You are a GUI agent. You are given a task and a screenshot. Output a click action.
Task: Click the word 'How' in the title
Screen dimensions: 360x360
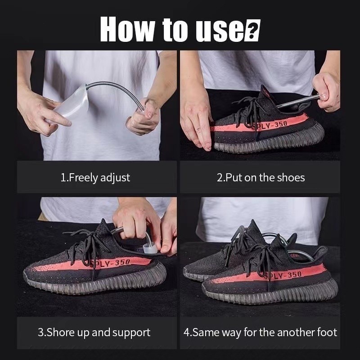point(128,29)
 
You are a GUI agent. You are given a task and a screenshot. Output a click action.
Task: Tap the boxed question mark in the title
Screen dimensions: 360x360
point(252,30)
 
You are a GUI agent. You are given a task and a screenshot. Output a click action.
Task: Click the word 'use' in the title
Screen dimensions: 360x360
point(220,31)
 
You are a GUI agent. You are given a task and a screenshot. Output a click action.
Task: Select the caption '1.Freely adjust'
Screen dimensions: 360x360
point(95,178)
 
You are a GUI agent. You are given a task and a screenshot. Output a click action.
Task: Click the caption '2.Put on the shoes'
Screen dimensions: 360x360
point(261,178)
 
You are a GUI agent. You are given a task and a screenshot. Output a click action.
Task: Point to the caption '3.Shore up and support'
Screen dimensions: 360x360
point(94,333)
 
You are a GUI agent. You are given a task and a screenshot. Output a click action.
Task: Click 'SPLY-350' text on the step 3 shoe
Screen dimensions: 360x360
point(110,263)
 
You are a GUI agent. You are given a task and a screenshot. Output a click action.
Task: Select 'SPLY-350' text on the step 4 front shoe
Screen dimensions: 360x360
point(283,275)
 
